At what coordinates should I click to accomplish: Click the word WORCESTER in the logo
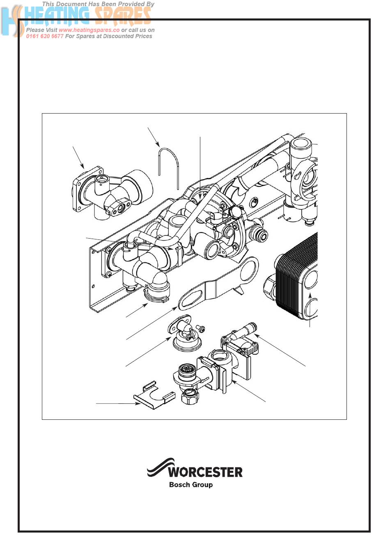205,472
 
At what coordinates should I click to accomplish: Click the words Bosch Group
191,485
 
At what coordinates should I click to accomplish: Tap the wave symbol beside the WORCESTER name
157,468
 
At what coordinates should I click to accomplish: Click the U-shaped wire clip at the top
169,164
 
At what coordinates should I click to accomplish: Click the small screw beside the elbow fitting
201,328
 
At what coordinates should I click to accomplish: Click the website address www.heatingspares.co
89,30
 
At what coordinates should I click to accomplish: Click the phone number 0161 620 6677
45,36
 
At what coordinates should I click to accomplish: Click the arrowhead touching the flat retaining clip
138,404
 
